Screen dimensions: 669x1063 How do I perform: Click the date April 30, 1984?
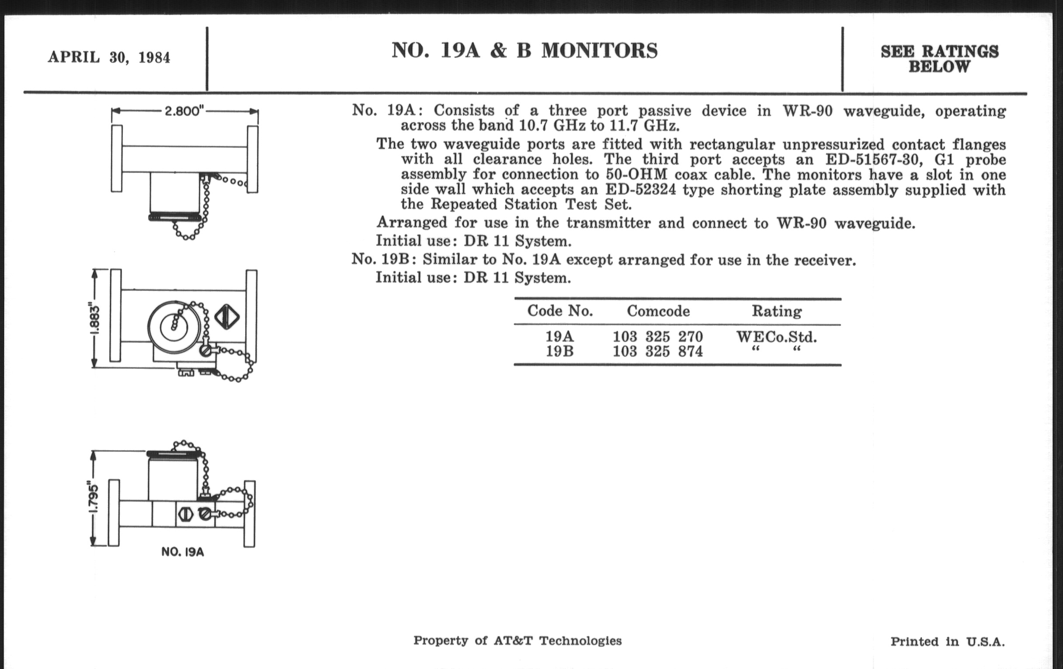tap(108, 57)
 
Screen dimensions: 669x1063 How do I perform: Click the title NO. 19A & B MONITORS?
tap(525, 50)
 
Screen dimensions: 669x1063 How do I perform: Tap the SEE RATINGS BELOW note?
tap(939, 59)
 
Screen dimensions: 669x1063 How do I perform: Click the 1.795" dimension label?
tap(94, 498)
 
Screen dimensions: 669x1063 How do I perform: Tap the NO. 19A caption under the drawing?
tap(182, 552)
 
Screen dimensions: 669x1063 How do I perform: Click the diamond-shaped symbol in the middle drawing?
tap(227, 317)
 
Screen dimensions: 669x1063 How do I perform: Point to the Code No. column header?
tap(560, 311)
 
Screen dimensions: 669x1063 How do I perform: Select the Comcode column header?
tap(658, 311)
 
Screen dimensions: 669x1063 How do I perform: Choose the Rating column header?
tap(777, 311)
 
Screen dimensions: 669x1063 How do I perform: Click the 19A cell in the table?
tap(559, 337)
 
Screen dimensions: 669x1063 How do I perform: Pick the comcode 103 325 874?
tap(657, 352)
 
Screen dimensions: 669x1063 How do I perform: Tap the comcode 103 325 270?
tap(657, 337)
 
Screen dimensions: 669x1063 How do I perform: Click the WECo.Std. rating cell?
tap(777, 338)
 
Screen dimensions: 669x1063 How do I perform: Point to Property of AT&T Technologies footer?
tap(518, 641)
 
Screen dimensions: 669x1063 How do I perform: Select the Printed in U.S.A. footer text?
tap(947, 641)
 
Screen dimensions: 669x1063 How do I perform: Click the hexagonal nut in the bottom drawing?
tap(185, 514)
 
